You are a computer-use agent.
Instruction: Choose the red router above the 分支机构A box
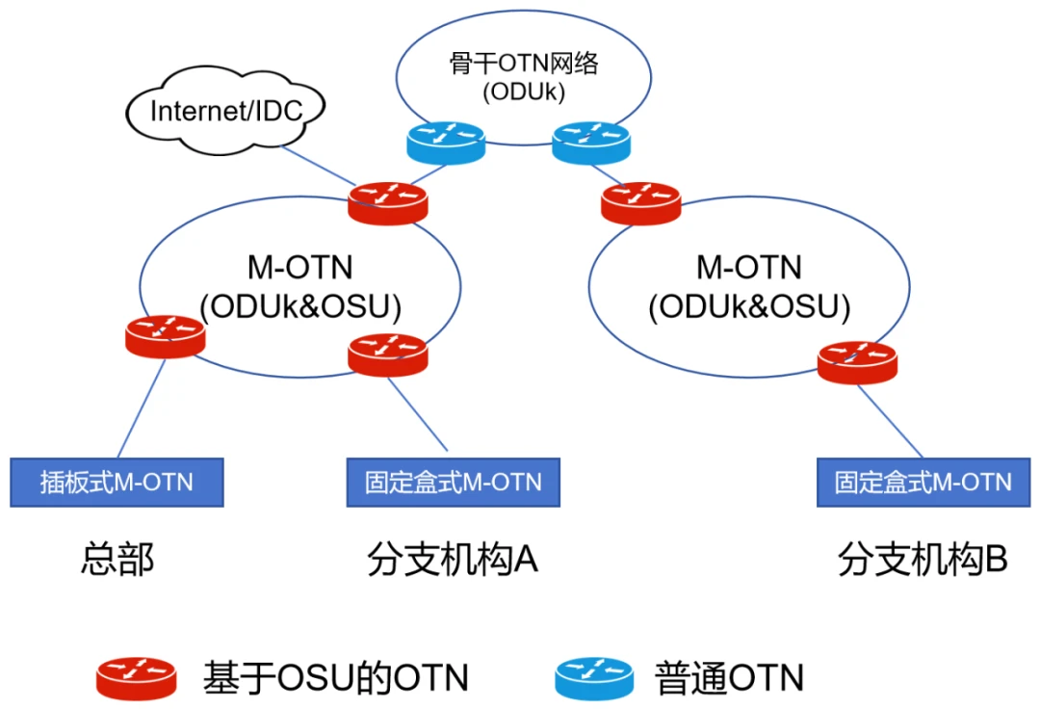[387, 354]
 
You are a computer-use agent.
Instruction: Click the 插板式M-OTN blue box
[117, 483]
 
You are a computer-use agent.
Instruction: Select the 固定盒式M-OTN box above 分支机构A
[453, 483]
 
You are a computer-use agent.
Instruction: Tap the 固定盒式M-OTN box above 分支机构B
[923, 483]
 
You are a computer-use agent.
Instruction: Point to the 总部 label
[117, 560]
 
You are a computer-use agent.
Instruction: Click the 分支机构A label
[452, 560]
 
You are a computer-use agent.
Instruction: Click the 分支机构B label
[922, 560]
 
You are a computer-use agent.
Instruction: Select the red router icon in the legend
[136, 677]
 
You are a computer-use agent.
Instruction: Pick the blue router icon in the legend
[594, 677]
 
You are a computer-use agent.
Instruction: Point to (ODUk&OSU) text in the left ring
[299, 305]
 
